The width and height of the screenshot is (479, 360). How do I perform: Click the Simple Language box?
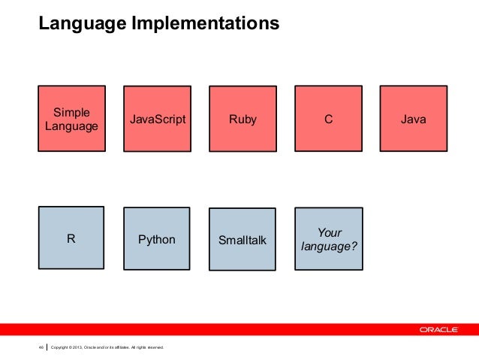click(x=71, y=119)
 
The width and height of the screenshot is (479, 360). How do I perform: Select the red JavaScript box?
click(x=157, y=119)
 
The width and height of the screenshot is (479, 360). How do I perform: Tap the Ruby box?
click(x=243, y=119)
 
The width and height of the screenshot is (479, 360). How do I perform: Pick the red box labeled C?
click(x=328, y=119)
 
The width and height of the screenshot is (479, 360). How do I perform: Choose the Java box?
click(x=414, y=119)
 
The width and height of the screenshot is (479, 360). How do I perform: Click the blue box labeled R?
click(x=71, y=240)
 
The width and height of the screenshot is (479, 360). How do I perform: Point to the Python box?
click(x=157, y=240)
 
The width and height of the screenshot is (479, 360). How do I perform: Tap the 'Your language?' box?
click(x=328, y=240)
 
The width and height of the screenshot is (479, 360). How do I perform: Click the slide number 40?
click(x=41, y=346)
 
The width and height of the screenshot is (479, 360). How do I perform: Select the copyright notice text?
click(x=106, y=346)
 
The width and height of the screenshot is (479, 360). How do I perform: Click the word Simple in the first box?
click(x=71, y=112)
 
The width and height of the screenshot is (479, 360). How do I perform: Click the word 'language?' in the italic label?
click(x=328, y=247)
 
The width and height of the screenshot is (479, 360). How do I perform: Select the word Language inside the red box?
click(x=71, y=126)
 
